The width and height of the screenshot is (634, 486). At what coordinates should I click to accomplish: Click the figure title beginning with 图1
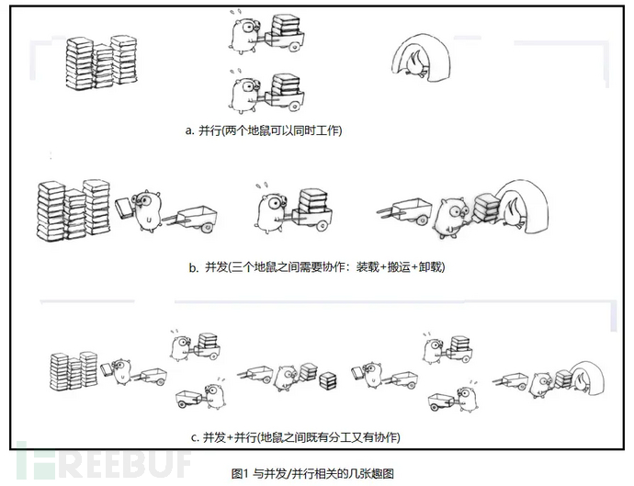[x=313, y=472]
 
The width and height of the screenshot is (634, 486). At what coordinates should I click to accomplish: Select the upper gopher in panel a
[x=245, y=34]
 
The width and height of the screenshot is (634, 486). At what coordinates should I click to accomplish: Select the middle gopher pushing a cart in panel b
[x=273, y=206]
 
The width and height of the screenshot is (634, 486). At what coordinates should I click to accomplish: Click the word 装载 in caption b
[x=341, y=268]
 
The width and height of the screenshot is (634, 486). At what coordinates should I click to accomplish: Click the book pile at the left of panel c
[x=74, y=368]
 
